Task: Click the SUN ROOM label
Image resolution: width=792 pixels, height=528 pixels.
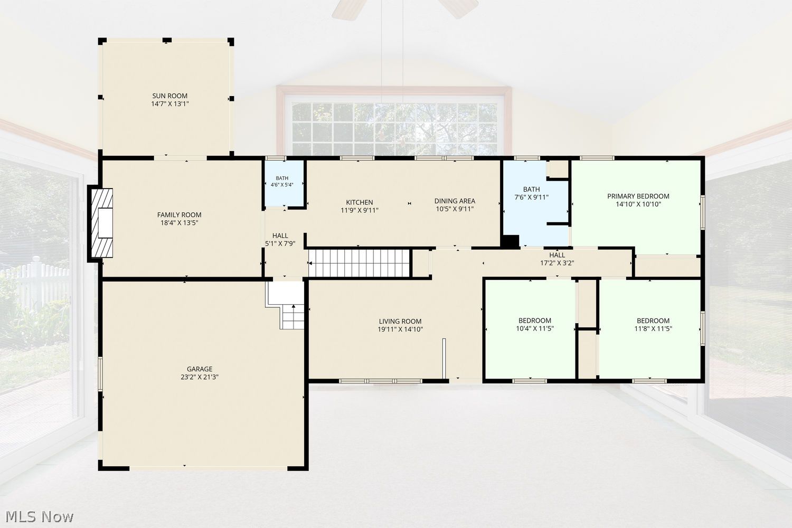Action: (x=169, y=96)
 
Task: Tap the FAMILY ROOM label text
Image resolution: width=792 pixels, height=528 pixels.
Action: (x=180, y=215)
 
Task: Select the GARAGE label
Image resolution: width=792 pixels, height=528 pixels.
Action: (x=200, y=369)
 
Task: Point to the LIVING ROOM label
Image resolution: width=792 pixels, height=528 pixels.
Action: (x=400, y=321)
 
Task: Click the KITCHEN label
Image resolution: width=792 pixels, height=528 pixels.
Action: (x=359, y=202)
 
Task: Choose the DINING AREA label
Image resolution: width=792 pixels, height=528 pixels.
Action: (x=455, y=201)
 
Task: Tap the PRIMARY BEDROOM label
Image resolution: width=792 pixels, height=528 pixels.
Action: (x=638, y=196)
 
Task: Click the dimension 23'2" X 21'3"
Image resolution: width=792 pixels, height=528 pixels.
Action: (x=200, y=377)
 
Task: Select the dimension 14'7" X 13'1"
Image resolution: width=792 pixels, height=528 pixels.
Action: (x=169, y=104)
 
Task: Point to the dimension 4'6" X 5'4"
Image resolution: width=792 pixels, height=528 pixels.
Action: (x=282, y=185)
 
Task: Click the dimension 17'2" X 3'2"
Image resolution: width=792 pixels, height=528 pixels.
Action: (x=557, y=263)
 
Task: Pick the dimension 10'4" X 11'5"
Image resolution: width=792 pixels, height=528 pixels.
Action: (x=534, y=328)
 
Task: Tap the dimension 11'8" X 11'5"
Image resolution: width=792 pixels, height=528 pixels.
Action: (x=653, y=328)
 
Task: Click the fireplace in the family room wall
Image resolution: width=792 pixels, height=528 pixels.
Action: (x=101, y=223)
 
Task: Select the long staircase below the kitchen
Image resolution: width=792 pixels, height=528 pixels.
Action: (x=359, y=263)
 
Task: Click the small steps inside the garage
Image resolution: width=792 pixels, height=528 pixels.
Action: (x=293, y=317)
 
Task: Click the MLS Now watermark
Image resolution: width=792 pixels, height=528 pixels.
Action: (x=39, y=517)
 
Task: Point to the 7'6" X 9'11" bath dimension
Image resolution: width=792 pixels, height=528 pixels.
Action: (x=531, y=197)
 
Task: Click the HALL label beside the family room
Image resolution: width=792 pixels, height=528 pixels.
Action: (x=280, y=235)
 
